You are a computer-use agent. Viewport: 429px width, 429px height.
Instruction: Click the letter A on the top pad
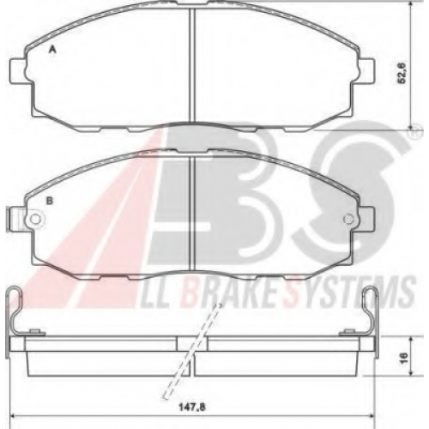[x=52, y=51]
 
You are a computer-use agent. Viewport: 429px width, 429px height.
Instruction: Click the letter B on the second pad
[x=50, y=201]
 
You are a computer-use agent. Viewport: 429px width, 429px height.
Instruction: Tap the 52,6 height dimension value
[x=402, y=73]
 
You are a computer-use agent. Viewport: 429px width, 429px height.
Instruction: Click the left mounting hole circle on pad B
[x=35, y=220]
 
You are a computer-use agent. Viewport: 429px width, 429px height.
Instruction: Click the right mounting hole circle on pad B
[x=348, y=220]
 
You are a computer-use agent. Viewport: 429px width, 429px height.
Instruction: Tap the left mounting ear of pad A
[x=19, y=71]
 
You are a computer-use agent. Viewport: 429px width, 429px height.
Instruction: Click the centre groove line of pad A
[x=192, y=65]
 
